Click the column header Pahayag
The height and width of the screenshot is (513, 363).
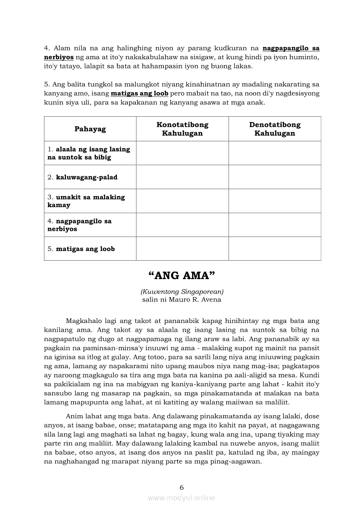pyautogui.click(x=90, y=129)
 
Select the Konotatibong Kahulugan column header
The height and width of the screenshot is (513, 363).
pyautogui.click(x=182, y=129)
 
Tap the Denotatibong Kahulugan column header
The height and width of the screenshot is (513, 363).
pyautogui.click(x=275, y=129)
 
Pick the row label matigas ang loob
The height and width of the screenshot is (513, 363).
pyautogui.click(x=85, y=249)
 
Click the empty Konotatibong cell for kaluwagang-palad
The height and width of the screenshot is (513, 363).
pyautogui.click(x=182, y=177)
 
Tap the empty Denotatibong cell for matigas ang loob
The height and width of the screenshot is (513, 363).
pyautogui.click(x=275, y=249)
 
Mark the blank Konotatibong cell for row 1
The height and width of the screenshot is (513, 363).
pyautogui.click(x=182, y=153)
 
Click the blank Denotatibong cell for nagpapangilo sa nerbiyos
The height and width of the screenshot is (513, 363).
pyautogui.click(x=275, y=225)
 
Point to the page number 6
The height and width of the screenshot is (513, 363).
pyautogui.click(x=181, y=487)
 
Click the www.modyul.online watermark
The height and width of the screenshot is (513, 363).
pyautogui.click(x=181, y=498)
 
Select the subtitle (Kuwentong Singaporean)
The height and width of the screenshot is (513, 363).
pyautogui.click(x=181, y=291)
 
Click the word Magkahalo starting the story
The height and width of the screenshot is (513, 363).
pyautogui.click(x=83, y=321)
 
